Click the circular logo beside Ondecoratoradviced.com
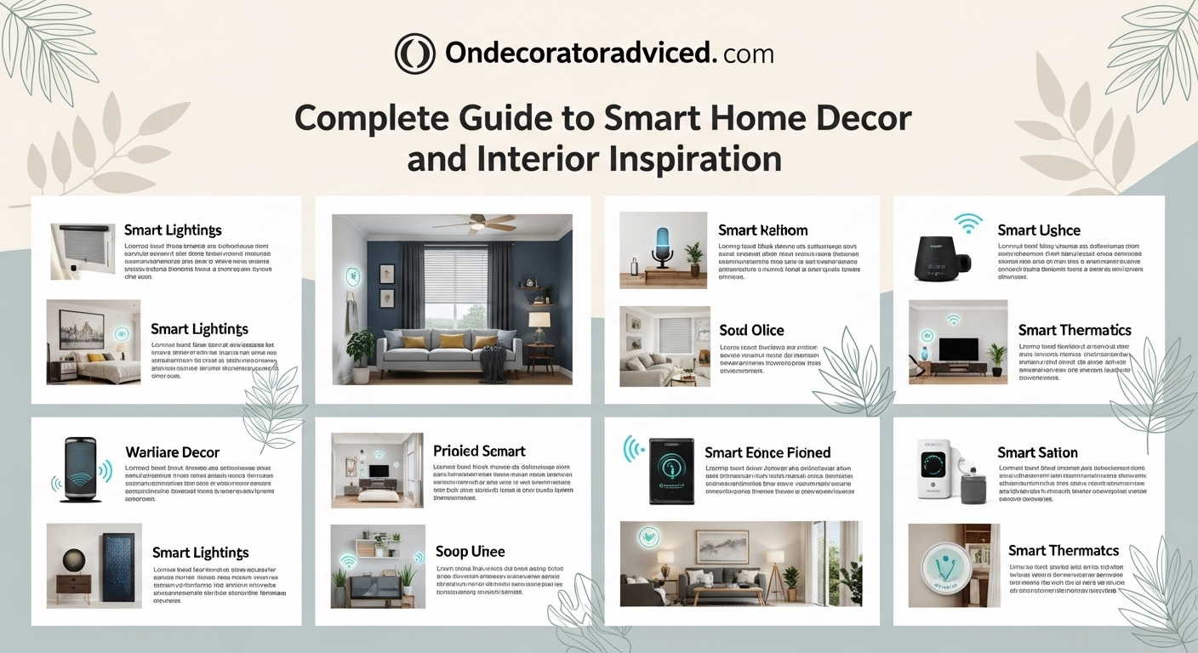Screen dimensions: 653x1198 415,54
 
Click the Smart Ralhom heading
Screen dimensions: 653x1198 762,230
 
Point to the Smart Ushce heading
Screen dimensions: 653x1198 1038,230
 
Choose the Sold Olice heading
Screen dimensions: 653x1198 751,330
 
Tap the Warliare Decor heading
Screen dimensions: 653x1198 172,452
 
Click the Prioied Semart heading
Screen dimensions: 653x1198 479,451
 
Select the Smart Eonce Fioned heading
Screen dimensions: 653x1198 767,452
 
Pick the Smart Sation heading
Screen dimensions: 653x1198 1037,452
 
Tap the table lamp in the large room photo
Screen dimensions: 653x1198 539,324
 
